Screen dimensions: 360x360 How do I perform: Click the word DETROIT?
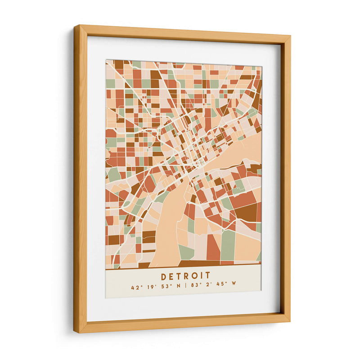185,275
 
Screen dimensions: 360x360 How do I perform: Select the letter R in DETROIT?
186,275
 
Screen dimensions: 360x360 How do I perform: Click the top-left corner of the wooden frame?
75,26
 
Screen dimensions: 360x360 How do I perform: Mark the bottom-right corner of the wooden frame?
289,322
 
